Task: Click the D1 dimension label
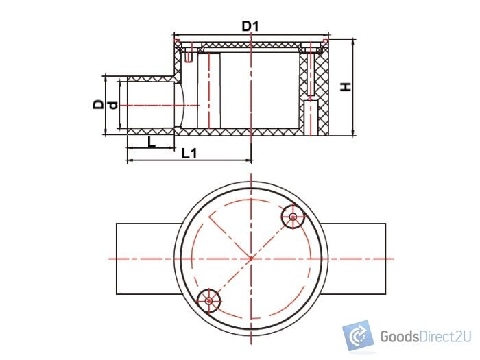(252, 26)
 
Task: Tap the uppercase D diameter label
(99, 105)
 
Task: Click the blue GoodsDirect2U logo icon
(357, 336)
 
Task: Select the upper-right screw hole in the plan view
(293, 217)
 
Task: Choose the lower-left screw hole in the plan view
(209, 299)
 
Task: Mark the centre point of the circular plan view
(251, 259)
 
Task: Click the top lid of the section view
(251, 43)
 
